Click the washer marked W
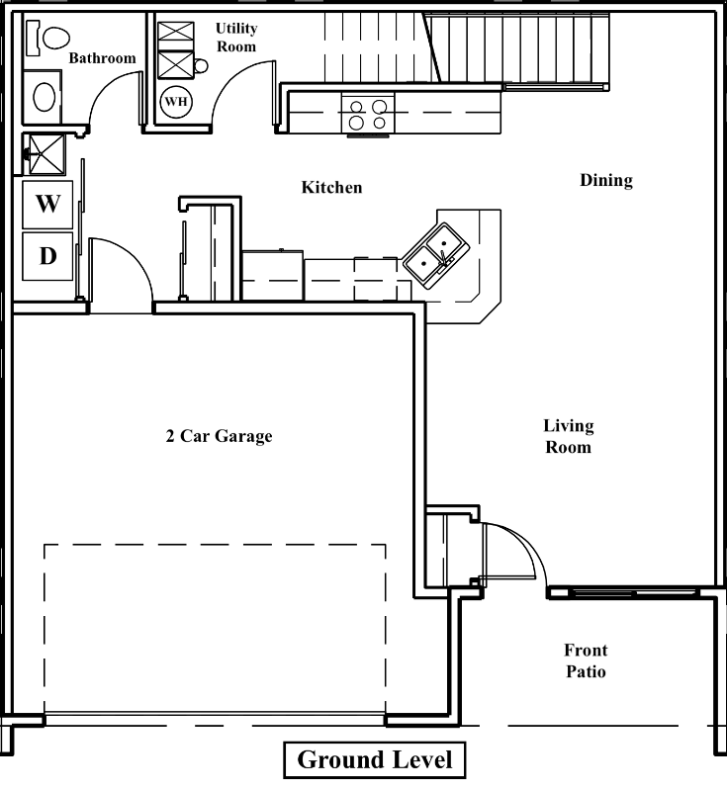[47, 204]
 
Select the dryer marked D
[47, 256]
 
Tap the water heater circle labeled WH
[175, 101]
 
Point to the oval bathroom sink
[44, 97]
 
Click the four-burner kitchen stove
[367, 115]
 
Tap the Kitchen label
[331, 187]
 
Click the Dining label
[605, 180]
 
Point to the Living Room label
[568, 436]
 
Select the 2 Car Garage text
[219, 435]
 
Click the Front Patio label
[586, 660]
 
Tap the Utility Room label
[235, 38]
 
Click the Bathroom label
[102, 58]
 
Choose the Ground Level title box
[374, 759]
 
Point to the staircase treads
[514, 47]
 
